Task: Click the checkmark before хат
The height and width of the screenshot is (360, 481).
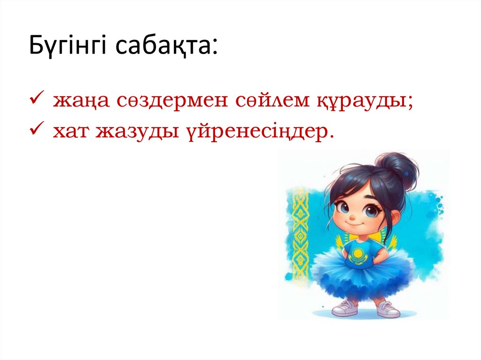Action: click(x=37, y=131)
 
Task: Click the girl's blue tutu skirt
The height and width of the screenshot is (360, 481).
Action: click(x=362, y=277)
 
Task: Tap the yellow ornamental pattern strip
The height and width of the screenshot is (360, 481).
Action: click(x=300, y=235)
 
